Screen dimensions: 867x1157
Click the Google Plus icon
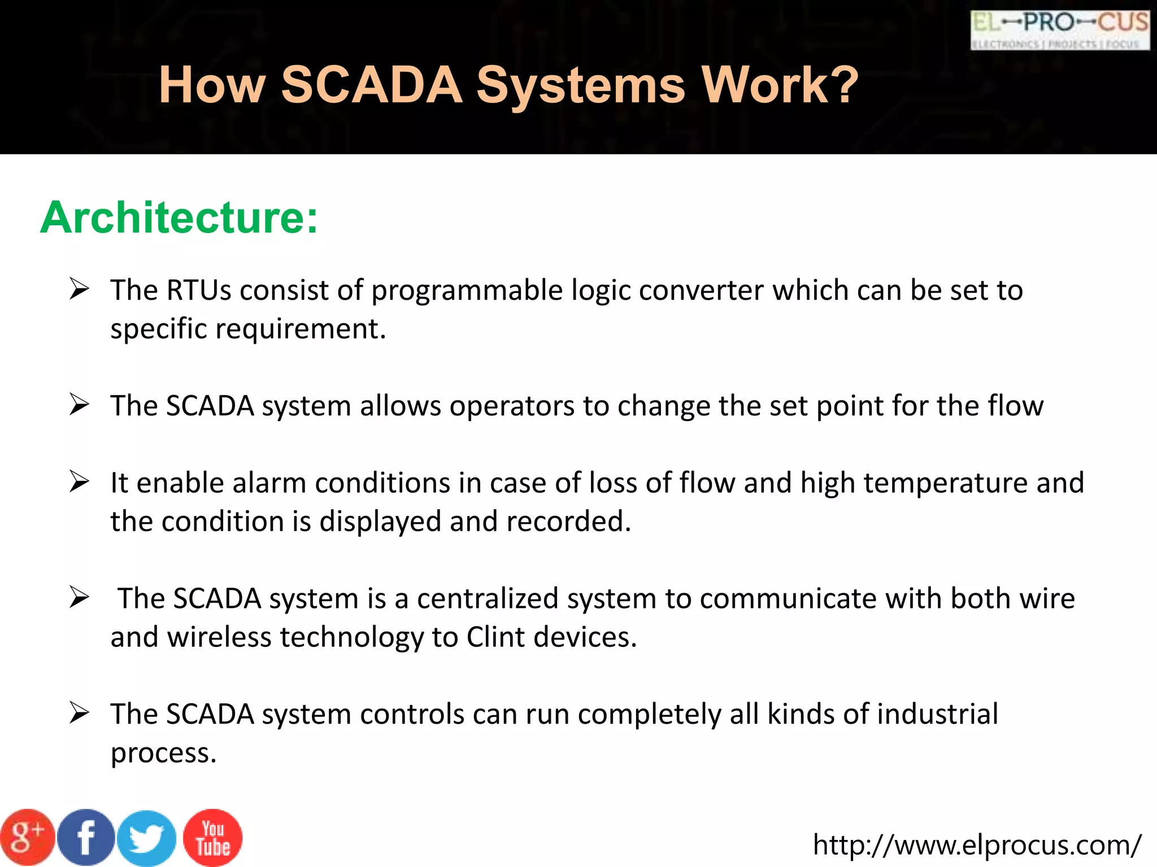point(27,838)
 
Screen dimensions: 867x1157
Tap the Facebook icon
point(86,838)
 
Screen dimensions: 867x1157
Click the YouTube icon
point(213,838)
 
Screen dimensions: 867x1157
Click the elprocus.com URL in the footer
point(977,845)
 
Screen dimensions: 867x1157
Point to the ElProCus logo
point(1060,30)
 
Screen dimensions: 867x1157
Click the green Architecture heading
point(179,217)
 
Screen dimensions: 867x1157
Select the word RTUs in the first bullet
point(199,290)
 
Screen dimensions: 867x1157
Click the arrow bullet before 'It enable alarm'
point(79,482)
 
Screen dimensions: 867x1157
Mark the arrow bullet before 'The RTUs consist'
point(79,289)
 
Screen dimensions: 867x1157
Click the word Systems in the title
point(581,85)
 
